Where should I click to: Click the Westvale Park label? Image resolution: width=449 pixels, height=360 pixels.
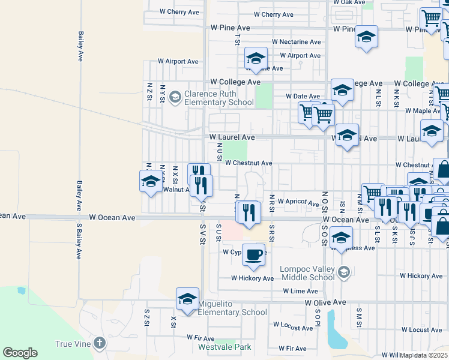pyautogui.click(x=224, y=347)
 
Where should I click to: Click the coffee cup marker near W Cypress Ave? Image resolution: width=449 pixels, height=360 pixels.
pyautogui.click(x=253, y=254)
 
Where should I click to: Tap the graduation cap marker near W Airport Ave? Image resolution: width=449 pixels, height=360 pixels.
pyautogui.click(x=256, y=59)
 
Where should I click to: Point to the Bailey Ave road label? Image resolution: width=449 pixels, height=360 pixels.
pyautogui.click(x=80, y=47)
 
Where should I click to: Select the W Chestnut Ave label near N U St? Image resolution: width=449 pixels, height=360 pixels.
pyautogui.click(x=249, y=163)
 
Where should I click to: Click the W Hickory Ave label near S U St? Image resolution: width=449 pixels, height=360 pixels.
pyautogui.click(x=253, y=278)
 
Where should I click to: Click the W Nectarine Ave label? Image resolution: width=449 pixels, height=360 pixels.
pyautogui.click(x=296, y=42)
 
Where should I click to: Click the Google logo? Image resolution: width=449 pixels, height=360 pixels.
pyautogui.click(x=20, y=353)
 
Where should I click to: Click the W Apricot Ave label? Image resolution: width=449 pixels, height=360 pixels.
pyautogui.click(x=298, y=203)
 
